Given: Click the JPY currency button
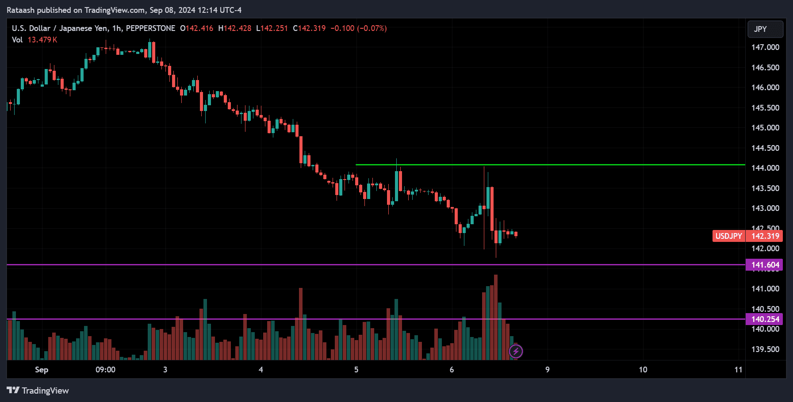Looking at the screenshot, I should coord(765,29).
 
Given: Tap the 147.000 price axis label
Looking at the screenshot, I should coord(765,47).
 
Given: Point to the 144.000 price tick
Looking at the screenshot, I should coord(765,168).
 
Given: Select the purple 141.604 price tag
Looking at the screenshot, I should coord(765,265).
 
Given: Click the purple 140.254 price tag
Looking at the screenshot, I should coord(765,319).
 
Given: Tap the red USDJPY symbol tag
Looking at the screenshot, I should coord(728,236).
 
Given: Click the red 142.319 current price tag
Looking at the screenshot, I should coord(765,236).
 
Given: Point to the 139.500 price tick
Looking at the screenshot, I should coord(765,349).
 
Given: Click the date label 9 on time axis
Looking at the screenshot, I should coord(547,370).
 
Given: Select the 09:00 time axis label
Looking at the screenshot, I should coord(105,370).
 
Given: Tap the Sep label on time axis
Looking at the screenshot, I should coord(42,370).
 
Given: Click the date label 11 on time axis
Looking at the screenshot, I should coord(738,370).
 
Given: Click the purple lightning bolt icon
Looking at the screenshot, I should coord(516,351).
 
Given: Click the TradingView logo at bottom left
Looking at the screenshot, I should coord(38,391).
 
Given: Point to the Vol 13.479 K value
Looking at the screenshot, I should coord(42,40).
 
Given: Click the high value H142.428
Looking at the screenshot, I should coord(234,28).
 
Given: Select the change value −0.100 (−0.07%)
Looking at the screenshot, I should coord(358,28).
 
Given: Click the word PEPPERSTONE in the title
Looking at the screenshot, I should coord(150,28).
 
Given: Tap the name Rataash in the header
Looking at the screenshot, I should coord(20,10).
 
